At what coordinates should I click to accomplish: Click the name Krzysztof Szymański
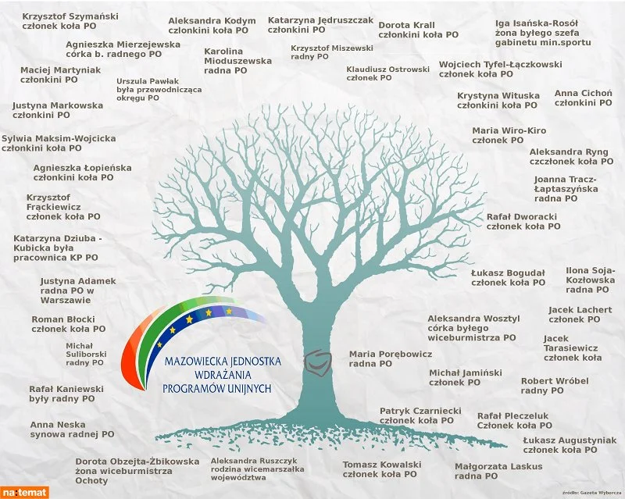tap(70, 16)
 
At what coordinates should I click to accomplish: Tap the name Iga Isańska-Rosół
tap(537, 23)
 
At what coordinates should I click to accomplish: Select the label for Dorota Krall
tap(406, 25)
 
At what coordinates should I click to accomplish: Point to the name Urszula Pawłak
tap(148, 81)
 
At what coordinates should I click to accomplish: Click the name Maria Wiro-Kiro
tap(509, 130)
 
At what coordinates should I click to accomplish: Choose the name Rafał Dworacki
tap(522, 217)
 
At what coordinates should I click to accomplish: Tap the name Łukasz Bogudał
tap(508, 273)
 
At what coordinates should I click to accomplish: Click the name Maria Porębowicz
tap(391, 355)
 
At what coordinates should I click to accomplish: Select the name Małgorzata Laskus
tap(498, 466)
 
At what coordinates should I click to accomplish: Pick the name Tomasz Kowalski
tap(382, 465)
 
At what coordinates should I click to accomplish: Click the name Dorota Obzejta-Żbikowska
tap(137, 462)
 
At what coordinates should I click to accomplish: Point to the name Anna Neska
tap(58, 425)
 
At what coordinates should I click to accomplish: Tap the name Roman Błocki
tap(63, 319)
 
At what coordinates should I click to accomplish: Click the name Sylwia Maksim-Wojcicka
tap(59, 139)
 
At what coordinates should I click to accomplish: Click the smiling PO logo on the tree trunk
tap(318, 362)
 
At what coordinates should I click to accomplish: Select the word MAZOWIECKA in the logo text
tap(192, 362)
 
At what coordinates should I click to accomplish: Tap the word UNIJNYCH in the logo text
tap(249, 389)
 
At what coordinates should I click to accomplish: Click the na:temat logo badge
tap(24, 493)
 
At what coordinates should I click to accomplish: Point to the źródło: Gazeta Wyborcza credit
tap(593, 493)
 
